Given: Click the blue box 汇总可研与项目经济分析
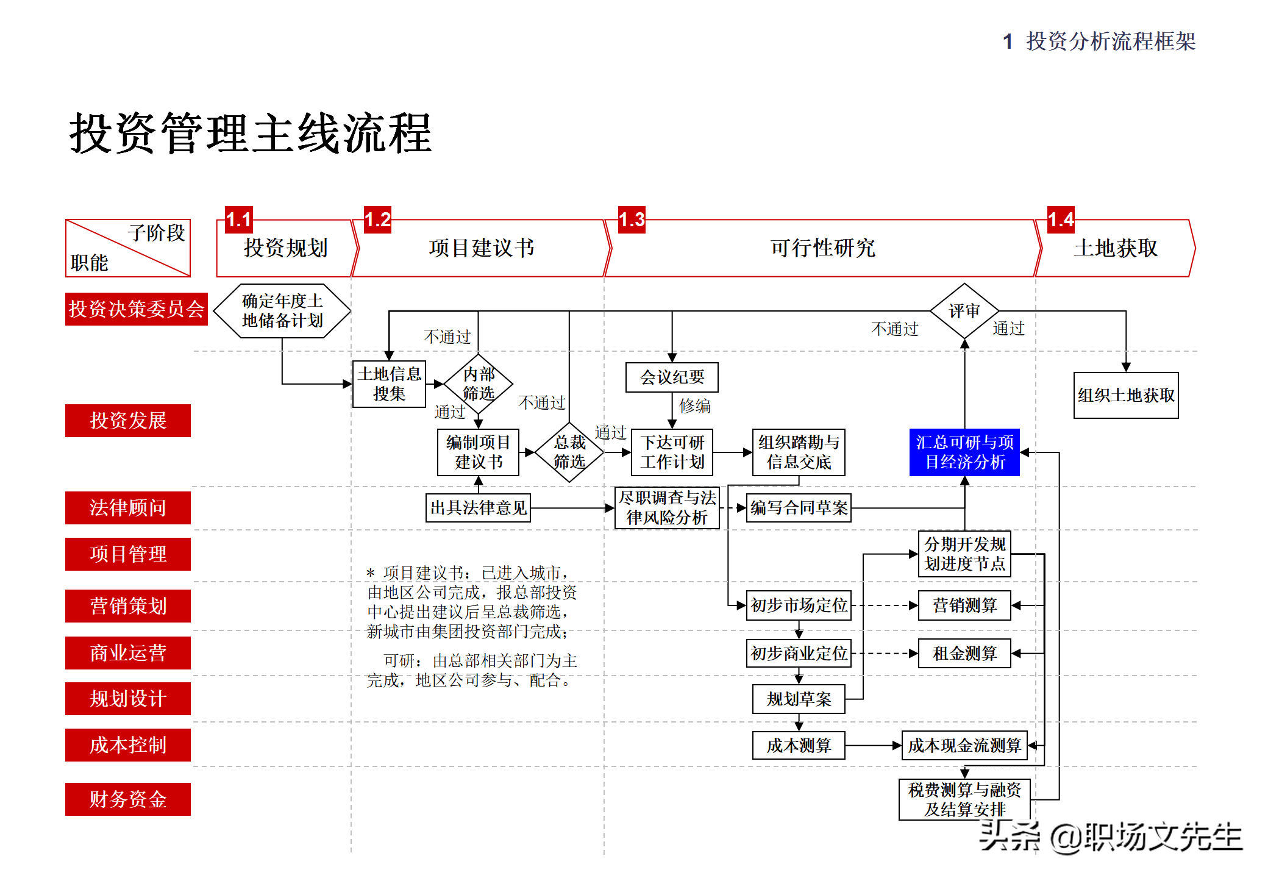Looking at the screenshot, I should tap(964, 452).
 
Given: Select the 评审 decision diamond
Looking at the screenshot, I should tap(964, 311).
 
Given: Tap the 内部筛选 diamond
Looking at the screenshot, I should tap(479, 384).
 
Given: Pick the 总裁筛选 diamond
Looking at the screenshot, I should tap(569, 452).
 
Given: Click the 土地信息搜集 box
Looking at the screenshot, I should tap(389, 384).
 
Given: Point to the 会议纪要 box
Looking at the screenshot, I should tap(672, 377).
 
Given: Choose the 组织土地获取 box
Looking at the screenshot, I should tap(1125, 395).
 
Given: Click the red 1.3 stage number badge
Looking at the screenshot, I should tap(632, 220).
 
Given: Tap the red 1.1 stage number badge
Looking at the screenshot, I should tap(238, 220).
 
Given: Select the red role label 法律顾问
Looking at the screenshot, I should tap(128, 507).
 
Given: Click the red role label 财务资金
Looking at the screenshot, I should tap(128, 799).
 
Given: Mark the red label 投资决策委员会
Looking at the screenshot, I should tap(136, 309).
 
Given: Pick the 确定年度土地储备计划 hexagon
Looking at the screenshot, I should tap(282, 311).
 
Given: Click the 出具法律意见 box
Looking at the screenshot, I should tap(478, 507).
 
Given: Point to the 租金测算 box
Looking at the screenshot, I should tap(964, 654).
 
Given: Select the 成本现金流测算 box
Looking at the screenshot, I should tap(964, 745).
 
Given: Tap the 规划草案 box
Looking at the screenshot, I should tap(799, 699).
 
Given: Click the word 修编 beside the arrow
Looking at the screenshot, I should tap(695, 406).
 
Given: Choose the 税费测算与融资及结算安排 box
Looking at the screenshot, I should tap(964, 799).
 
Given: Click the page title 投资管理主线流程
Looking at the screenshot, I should tap(251, 134).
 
